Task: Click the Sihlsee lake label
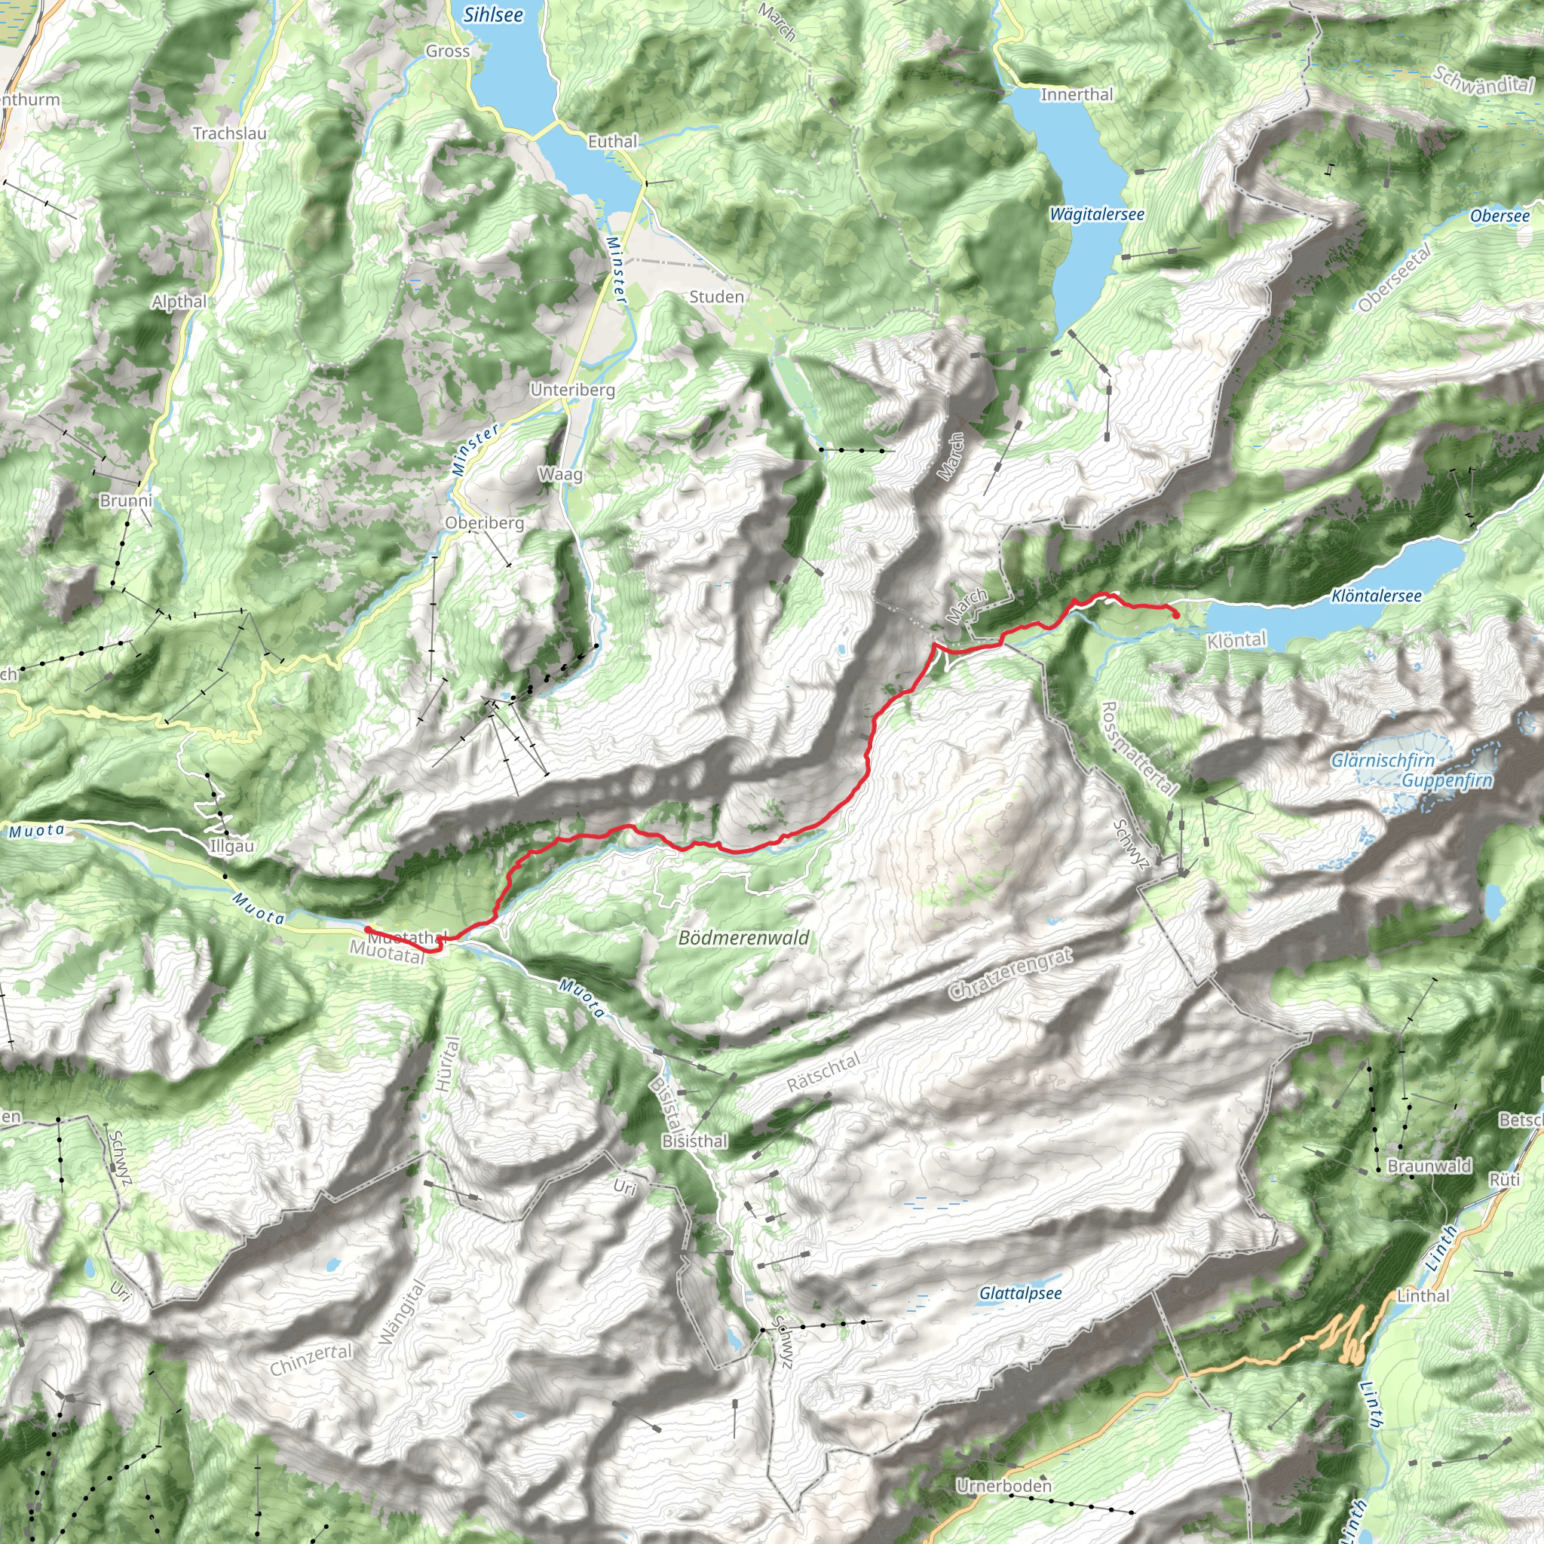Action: (x=493, y=14)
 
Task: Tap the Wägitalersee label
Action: (x=1096, y=214)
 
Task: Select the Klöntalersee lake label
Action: (x=1376, y=596)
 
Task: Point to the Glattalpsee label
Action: (x=1021, y=1293)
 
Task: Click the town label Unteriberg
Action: (x=572, y=390)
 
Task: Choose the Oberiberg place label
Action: (x=484, y=522)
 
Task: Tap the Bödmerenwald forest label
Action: (x=743, y=937)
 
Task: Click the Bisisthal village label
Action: (x=694, y=1141)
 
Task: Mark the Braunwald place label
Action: (x=1429, y=1166)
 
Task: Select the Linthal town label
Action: (x=1423, y=1295)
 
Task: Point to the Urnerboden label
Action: (x=1003, y=1486)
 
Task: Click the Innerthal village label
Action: (x=1077, y=94)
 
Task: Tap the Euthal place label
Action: (x=613, y=142)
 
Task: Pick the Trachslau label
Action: (x=229, y=133)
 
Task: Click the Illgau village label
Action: (x=231, y=847)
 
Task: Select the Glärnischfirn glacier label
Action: (x=1383, y=761)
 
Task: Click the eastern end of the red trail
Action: (x=1177, y=614)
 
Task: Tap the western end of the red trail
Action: (x=367, y=929)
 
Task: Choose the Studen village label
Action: (x=716, y=297)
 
